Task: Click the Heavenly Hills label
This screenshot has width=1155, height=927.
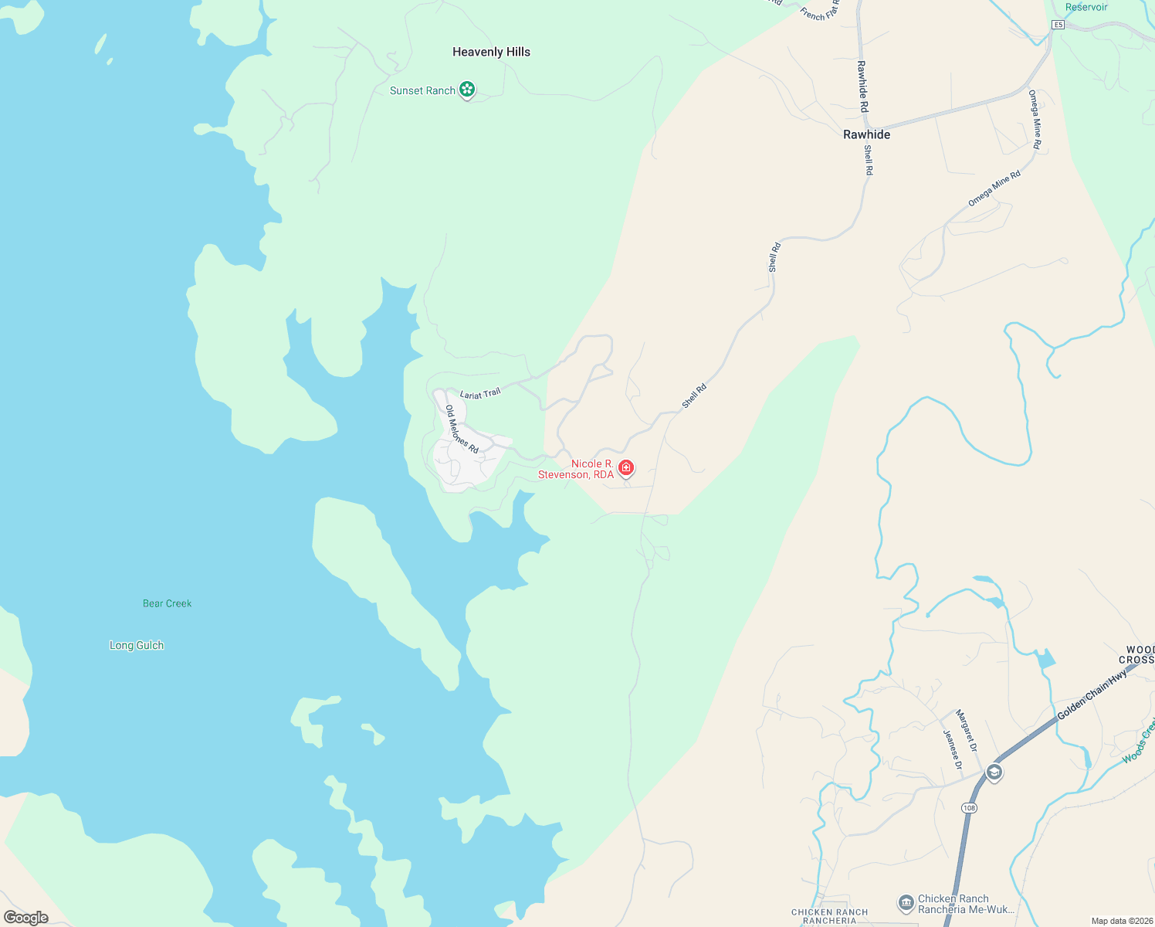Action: point(491,52)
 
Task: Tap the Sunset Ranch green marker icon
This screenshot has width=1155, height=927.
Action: point(467,90)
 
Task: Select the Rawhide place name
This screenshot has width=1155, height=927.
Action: point(866,134)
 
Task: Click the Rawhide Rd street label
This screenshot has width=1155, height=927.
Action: point(862,86)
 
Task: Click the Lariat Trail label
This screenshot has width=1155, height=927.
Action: point(480,394)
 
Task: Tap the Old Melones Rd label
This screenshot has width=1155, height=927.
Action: point(462,430)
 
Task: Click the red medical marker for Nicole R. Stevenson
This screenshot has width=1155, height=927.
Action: point(626,467)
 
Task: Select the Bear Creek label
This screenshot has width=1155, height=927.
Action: point(167,603)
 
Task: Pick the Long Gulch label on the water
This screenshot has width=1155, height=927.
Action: point(137,645)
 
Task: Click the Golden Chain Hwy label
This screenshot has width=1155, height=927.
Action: point(1092,694)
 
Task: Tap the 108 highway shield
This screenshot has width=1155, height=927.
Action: point(969,807)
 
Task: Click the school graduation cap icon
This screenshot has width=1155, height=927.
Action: point(994,772)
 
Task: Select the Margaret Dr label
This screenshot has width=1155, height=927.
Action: point(967,731)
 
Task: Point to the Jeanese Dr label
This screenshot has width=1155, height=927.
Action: point(953,749)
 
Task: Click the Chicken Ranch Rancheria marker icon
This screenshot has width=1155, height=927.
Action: point(906,902)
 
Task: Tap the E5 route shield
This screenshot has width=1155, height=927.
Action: point(1058,25)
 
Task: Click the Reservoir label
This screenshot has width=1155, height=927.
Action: point(1086,7)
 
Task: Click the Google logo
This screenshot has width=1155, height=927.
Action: point(26,918)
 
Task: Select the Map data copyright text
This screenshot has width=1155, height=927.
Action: point(1121,921)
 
